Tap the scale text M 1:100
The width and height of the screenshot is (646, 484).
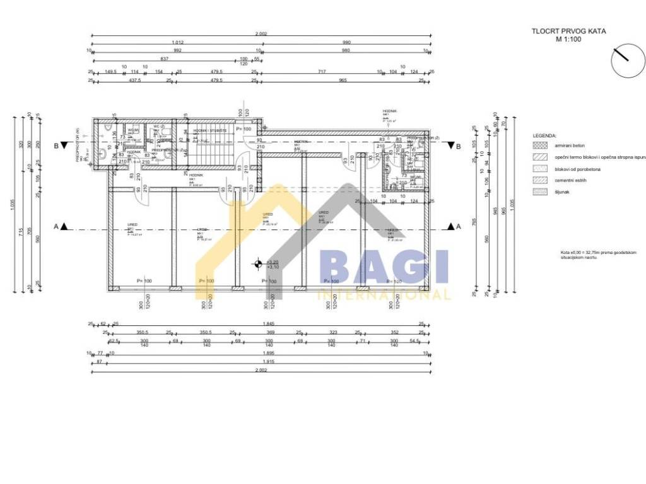(568, 38)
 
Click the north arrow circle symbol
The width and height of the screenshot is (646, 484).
(627, 60)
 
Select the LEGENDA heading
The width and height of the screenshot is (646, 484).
(544, 135)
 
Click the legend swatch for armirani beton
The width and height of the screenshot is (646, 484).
(541, 146)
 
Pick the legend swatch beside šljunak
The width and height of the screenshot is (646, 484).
(541, 192)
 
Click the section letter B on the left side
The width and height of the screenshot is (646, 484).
(56, 146)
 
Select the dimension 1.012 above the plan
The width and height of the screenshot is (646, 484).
(177, 42)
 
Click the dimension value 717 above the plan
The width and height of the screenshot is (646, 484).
(322, 72)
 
